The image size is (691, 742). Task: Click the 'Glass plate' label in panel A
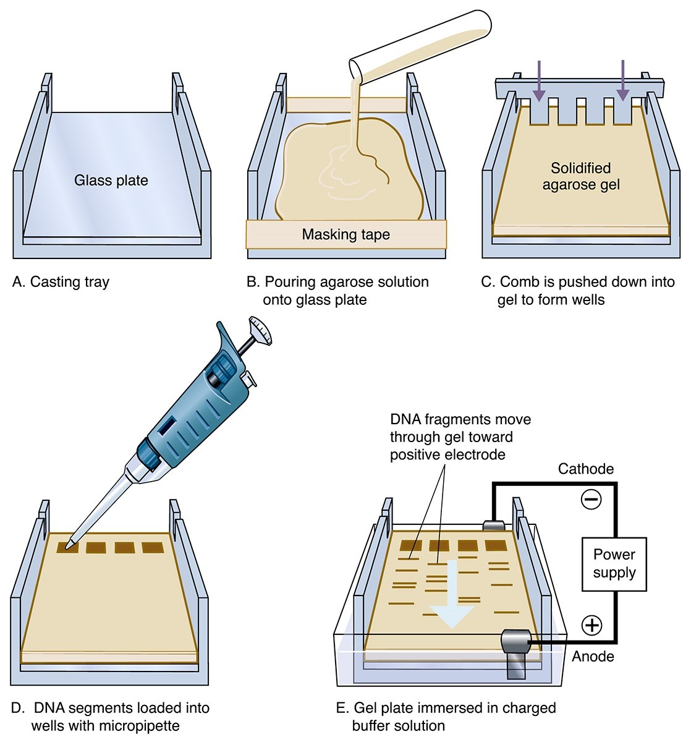pyautogui.click(x=111, y=181)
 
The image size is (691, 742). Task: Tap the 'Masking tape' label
pyautogui.click(x=345, y=234)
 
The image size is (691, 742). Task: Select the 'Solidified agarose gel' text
pyautogui.click(x=580, y=176)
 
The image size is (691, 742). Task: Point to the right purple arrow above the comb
pyautogui.click(x=622, y=81)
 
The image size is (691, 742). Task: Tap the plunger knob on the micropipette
pyautogui.click(x=261, y=330)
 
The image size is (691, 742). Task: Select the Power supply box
pyautogui.click(x=614, y=563)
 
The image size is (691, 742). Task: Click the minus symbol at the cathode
pyautogui.click(x=591, y=499)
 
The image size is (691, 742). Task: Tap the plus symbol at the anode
pyautogui.click(x=592, y=625)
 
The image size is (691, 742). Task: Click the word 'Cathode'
pyautogui.click(x=585, y=469)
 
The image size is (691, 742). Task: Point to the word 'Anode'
pyautogui.click(x=593, y=656)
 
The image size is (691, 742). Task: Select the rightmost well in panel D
pyautogui.click(x=153, y=547)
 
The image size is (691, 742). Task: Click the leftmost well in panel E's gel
pyautogui.click(x=411, y=545)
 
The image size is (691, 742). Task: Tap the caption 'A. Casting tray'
pyautogui.click(x=61, y=282)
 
